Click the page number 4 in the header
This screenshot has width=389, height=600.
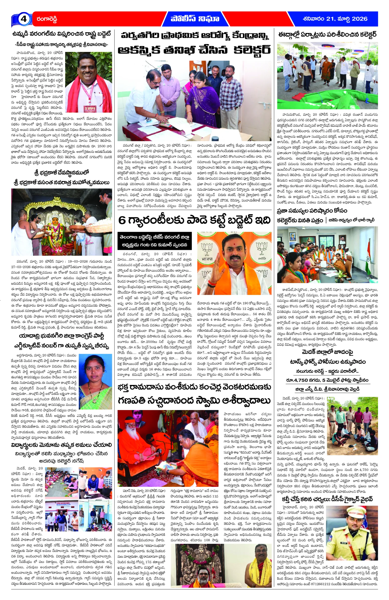23,19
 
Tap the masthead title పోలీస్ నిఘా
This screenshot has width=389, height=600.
195,19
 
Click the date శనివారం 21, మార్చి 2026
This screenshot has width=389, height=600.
335,19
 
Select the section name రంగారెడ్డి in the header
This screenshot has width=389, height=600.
47,19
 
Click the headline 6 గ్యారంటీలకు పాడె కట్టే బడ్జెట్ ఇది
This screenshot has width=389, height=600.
194,220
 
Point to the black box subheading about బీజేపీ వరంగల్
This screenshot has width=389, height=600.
154,241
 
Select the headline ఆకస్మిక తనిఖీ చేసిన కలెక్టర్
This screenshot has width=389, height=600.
194,50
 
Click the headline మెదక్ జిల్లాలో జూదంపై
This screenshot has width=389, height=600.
327,352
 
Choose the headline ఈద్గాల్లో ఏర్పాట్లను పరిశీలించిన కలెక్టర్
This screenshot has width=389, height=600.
327,35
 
